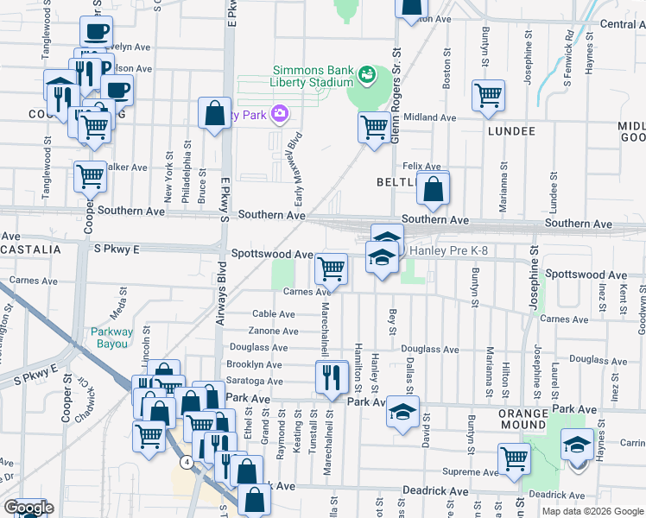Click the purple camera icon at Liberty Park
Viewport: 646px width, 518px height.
coord(279,113)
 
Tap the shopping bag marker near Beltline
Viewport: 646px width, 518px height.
coord(433,187)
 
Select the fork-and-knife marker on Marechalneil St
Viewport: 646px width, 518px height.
coord(331,377)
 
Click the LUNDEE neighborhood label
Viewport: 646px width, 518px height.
coord(511,131)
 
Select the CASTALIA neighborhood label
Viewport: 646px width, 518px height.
coord(31,249)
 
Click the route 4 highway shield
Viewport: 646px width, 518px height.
coord(186,463)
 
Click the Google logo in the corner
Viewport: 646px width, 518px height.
coord(28,509)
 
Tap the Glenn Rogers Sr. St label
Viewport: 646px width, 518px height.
coord(398,107)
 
